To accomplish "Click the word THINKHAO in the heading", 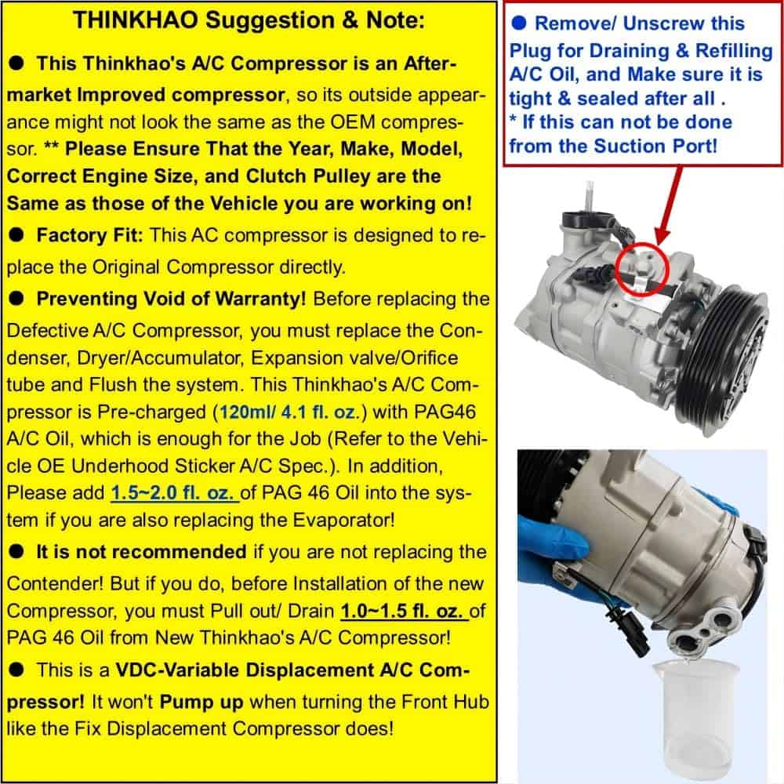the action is coord(136,20).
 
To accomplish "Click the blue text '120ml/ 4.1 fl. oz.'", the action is coord(288,412).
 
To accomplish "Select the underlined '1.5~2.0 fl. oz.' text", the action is coord(175,493).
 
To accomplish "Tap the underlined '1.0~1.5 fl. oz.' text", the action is coord(404,611).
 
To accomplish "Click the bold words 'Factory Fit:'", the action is coord(89,235).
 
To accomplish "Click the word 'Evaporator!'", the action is coord(343,520).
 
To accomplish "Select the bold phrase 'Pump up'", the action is coord(201,702).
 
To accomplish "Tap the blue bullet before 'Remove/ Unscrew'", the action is coord(519,23).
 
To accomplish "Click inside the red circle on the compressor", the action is coord(642,268).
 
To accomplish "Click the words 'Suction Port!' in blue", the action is coord(655,147).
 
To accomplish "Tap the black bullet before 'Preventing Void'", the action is coord(16,299).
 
